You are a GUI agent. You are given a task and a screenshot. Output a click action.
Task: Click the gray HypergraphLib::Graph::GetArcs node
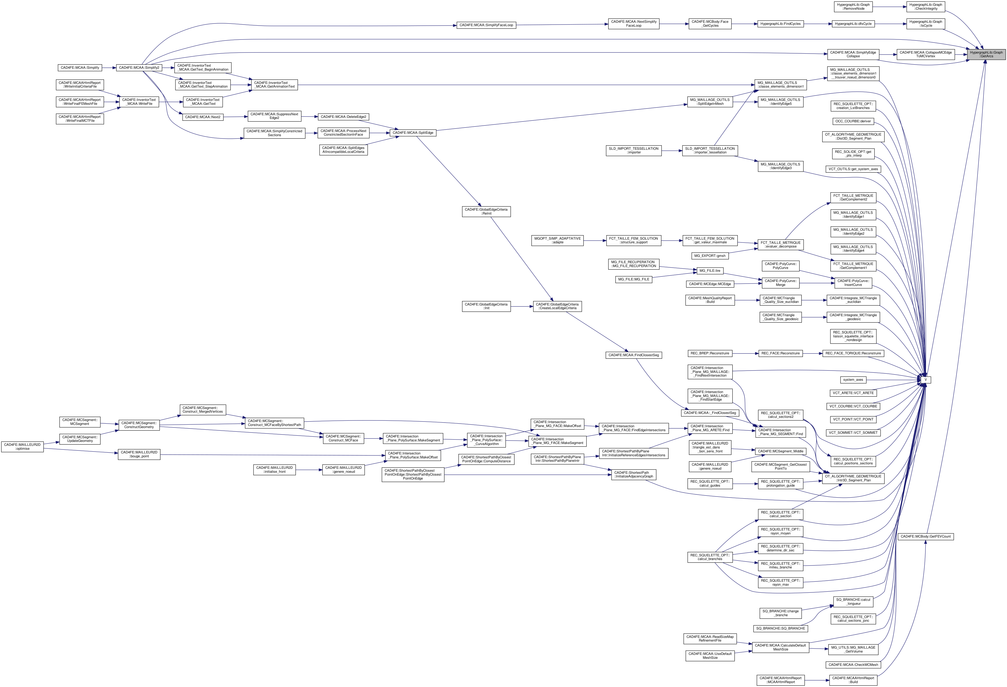pos(986,54)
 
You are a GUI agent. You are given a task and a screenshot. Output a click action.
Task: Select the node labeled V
pos(925,380)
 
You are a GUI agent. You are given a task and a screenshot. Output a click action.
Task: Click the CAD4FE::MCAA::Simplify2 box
pos(139,68)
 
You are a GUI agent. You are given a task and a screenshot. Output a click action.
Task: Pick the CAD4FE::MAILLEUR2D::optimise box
pos(22,447)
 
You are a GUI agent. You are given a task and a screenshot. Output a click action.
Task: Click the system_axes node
pos(853,380)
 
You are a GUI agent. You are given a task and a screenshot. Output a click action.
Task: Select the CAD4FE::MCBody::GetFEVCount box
pos(925,536)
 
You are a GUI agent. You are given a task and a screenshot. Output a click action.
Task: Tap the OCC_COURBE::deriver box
pos(853,121)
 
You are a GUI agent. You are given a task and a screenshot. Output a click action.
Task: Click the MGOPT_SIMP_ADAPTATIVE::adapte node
pos(558,240)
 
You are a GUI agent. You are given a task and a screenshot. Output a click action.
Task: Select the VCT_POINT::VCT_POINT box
pos(853,419)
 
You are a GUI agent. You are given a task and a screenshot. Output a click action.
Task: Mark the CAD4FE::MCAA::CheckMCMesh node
pos(853,665)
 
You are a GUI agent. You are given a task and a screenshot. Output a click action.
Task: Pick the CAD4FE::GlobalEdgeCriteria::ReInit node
pos(486,211)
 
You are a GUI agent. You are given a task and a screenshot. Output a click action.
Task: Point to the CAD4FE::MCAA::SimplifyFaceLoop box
pos(486,25)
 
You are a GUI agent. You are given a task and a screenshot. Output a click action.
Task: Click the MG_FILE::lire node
pos(710,271)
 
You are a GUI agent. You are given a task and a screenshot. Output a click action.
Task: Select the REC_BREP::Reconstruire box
pos(710,354)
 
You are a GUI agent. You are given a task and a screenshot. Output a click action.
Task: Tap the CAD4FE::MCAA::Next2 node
pos(203,117)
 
